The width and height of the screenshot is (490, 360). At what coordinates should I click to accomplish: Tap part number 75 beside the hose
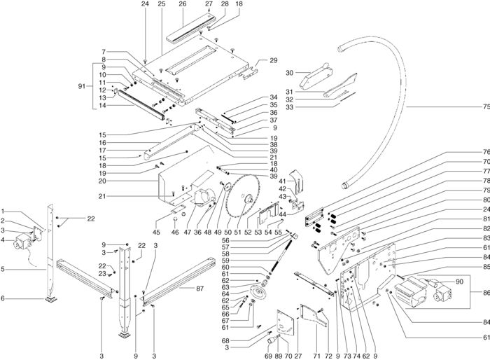[x=484, y=107]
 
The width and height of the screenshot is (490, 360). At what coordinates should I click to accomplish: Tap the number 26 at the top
[x=183, y=4]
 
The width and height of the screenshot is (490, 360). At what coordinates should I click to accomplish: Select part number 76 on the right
[x=484, y=153]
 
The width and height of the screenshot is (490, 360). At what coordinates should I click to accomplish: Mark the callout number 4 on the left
[x=4, y=240]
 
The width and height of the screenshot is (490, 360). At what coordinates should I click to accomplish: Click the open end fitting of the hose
[x=344, y=184]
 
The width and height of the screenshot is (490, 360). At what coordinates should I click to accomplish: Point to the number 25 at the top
[x=161, y=4]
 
